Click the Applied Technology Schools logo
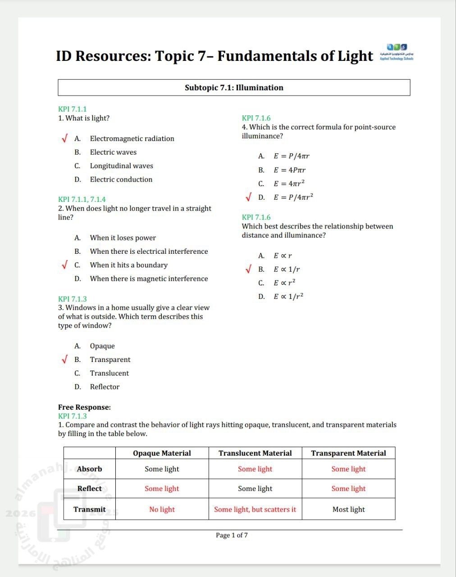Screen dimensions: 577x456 397,52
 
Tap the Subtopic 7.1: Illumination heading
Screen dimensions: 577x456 234,87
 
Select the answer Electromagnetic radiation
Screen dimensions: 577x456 132,138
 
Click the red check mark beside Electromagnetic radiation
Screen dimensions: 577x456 65,138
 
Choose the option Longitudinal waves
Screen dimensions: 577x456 121,166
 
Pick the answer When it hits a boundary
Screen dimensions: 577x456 128,265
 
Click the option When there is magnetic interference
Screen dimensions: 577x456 149,279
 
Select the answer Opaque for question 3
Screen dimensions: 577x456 102,346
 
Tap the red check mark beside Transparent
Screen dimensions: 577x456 65,359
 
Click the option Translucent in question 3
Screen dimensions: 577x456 109,373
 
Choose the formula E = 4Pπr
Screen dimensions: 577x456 289,170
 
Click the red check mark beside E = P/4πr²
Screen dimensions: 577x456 248,197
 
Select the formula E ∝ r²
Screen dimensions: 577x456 284,283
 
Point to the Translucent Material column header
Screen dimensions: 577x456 255,453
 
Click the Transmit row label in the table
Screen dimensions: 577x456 89,509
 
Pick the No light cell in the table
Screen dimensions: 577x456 162,509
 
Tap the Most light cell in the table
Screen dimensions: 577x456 348,509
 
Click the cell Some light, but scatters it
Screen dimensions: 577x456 255,509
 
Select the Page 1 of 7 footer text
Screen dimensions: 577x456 232,535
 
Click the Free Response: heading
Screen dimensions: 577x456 84,407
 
